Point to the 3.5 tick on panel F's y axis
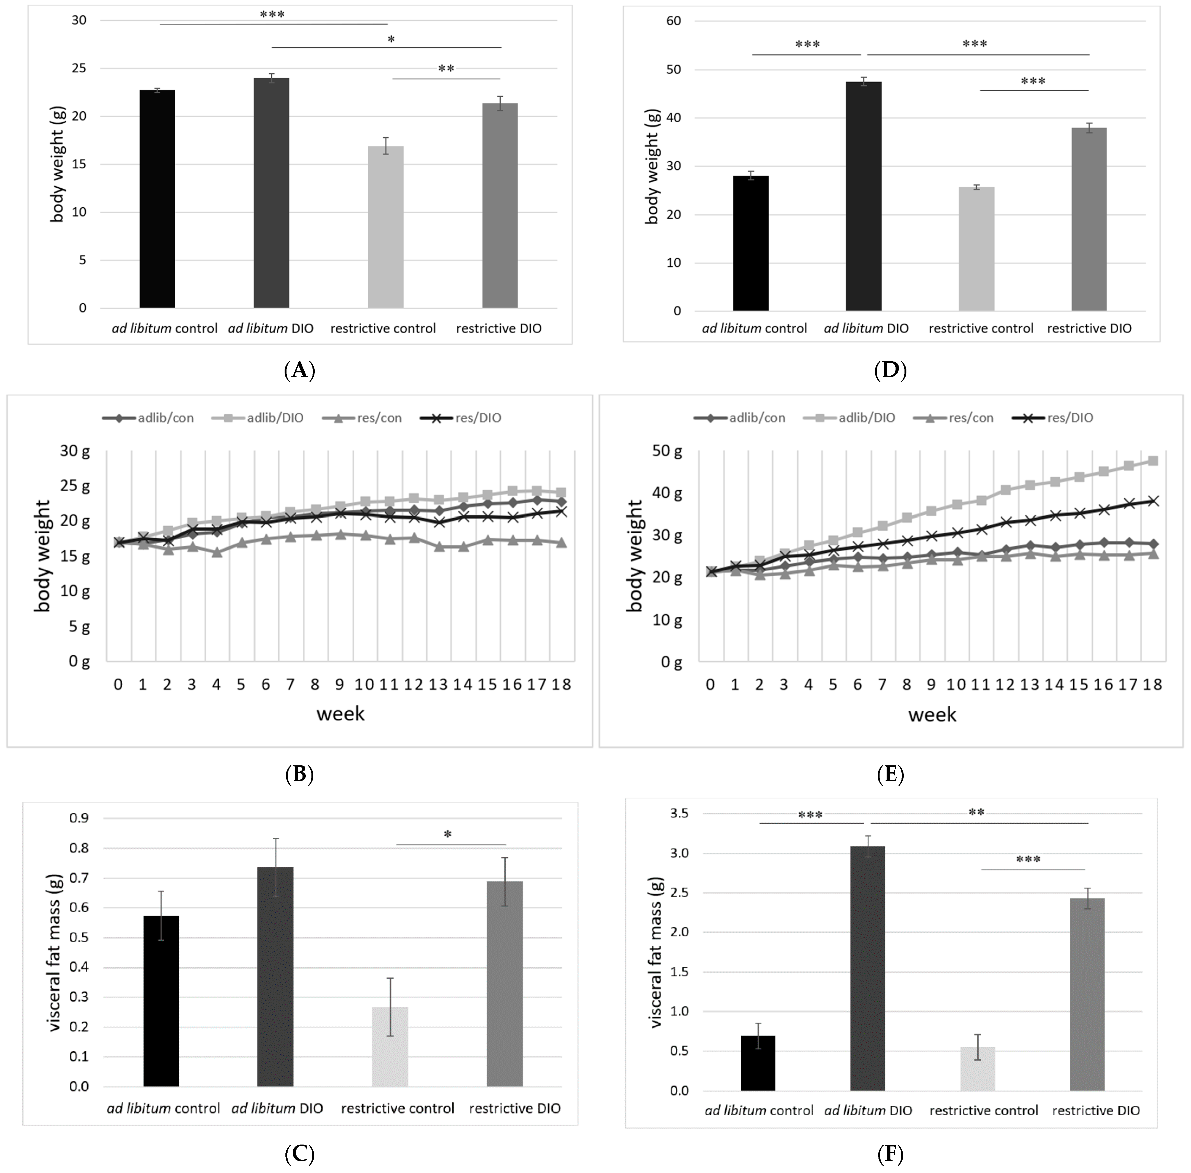coord(678,813)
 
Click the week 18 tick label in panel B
coord(561,684)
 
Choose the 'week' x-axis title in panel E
coord(932,715)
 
